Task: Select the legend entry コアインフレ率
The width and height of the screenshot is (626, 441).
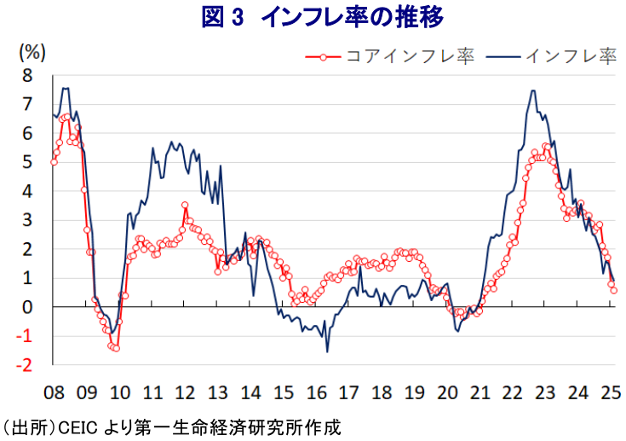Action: tap(401, 56)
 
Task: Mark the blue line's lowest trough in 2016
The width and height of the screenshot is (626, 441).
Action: tap(327, 351)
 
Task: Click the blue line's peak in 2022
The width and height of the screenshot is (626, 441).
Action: tap(533, 90)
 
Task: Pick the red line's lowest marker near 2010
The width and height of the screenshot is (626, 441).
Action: tap(116, 348)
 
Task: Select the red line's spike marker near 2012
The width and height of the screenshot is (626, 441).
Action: tap(185, 205)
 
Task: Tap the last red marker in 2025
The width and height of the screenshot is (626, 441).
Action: tap(614, 291)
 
